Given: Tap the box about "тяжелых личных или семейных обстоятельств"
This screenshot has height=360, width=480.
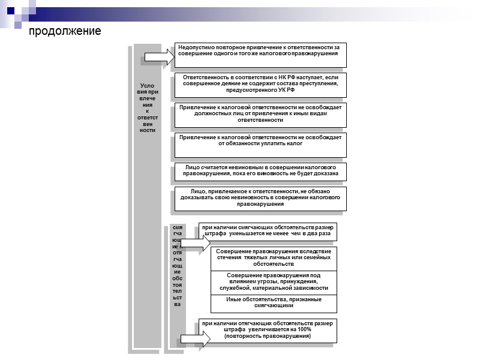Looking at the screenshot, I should (x=274, y=258).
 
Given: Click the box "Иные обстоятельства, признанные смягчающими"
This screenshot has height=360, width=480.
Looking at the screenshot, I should (x=274, y=303).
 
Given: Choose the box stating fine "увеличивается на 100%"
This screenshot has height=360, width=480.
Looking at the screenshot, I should (x=268, y=331).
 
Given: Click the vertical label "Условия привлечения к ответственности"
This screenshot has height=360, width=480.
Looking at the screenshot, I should (x=147, y=108).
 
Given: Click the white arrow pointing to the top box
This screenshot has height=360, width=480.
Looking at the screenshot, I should (x=160, y=58).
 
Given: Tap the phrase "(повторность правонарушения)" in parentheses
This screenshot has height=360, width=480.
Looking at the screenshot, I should (x=268, y=337).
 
